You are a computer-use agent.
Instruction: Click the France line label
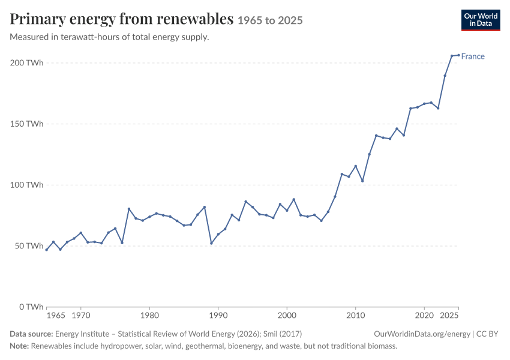tap(473, 56)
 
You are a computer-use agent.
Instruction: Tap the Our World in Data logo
tap(481, 20)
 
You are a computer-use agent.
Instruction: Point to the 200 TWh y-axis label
tap(26, 62)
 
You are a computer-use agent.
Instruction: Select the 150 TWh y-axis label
tap(26, 124)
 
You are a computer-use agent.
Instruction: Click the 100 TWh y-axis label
tap(26, 185)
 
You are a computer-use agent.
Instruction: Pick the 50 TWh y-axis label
tap(29, 245)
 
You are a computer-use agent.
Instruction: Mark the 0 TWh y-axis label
tap(31, 307)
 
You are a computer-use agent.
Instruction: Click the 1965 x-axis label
tap(56, 316)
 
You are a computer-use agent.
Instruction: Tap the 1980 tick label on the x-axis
tap(149, 316)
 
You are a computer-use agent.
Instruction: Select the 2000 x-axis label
tap(287, 316)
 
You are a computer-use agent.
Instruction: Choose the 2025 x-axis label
tap(449, 316)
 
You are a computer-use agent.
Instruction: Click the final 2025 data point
tap(458, 55)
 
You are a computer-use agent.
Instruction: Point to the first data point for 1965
tap(47, 250)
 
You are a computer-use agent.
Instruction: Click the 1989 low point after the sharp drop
tap(211, 243)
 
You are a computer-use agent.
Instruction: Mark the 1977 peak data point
tap(129, 209)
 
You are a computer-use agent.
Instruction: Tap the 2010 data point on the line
tap(356, 166)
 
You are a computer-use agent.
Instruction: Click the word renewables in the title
tap(195, 19)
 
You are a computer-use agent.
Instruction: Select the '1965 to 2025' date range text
tap(270, 20)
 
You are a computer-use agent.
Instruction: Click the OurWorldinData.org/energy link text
tap(422, 334)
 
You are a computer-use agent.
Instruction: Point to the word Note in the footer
tap(19, 346)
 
